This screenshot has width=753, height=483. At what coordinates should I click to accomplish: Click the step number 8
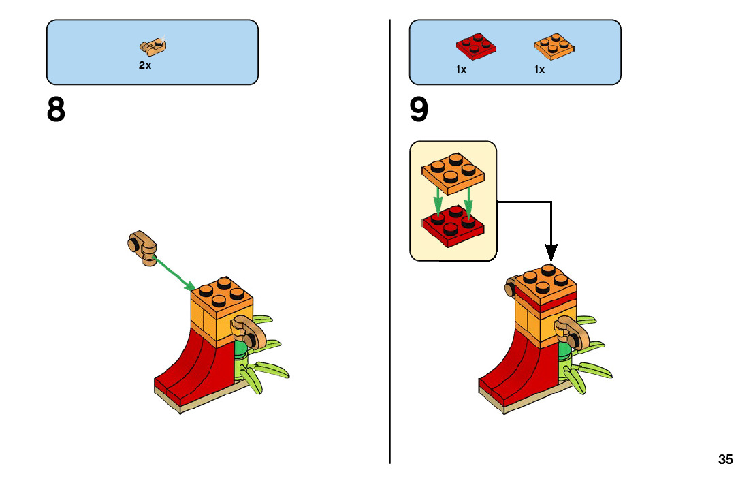point(56,110)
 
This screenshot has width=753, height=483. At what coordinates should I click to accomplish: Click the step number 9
point(419,110)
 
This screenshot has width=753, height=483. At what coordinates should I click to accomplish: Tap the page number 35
point(725,459)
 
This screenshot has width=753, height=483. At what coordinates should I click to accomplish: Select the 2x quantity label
point(144,66)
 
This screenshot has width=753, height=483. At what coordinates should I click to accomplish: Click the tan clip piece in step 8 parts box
point(153,47)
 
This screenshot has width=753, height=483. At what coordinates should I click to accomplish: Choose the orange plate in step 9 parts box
point(555,46)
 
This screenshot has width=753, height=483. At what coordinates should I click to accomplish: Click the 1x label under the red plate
point(462,69)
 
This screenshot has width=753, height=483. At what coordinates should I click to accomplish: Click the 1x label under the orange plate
point(539,69)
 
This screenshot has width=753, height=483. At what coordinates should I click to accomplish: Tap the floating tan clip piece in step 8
point(142,246)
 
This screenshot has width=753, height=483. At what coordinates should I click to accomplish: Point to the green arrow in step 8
point(176,272)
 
